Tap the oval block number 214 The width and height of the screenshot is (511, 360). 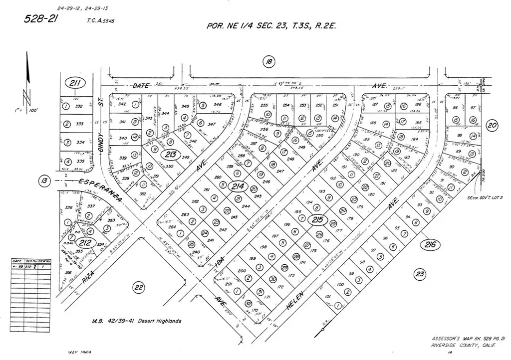click(x=238, y=186)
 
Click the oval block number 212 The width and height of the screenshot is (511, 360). click(x=84, y=242)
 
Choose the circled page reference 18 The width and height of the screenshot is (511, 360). click(x=269, y=62)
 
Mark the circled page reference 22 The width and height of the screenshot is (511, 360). click(x=138, y=286)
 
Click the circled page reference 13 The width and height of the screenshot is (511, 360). click(x=45, y=180)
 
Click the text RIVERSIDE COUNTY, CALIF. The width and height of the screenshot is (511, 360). click(x=460, y=345)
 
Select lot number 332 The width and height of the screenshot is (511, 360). click(x=79, y=106)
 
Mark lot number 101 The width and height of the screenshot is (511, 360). click(x=327, y=297)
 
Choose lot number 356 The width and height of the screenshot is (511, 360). click(x=68, y=272)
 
